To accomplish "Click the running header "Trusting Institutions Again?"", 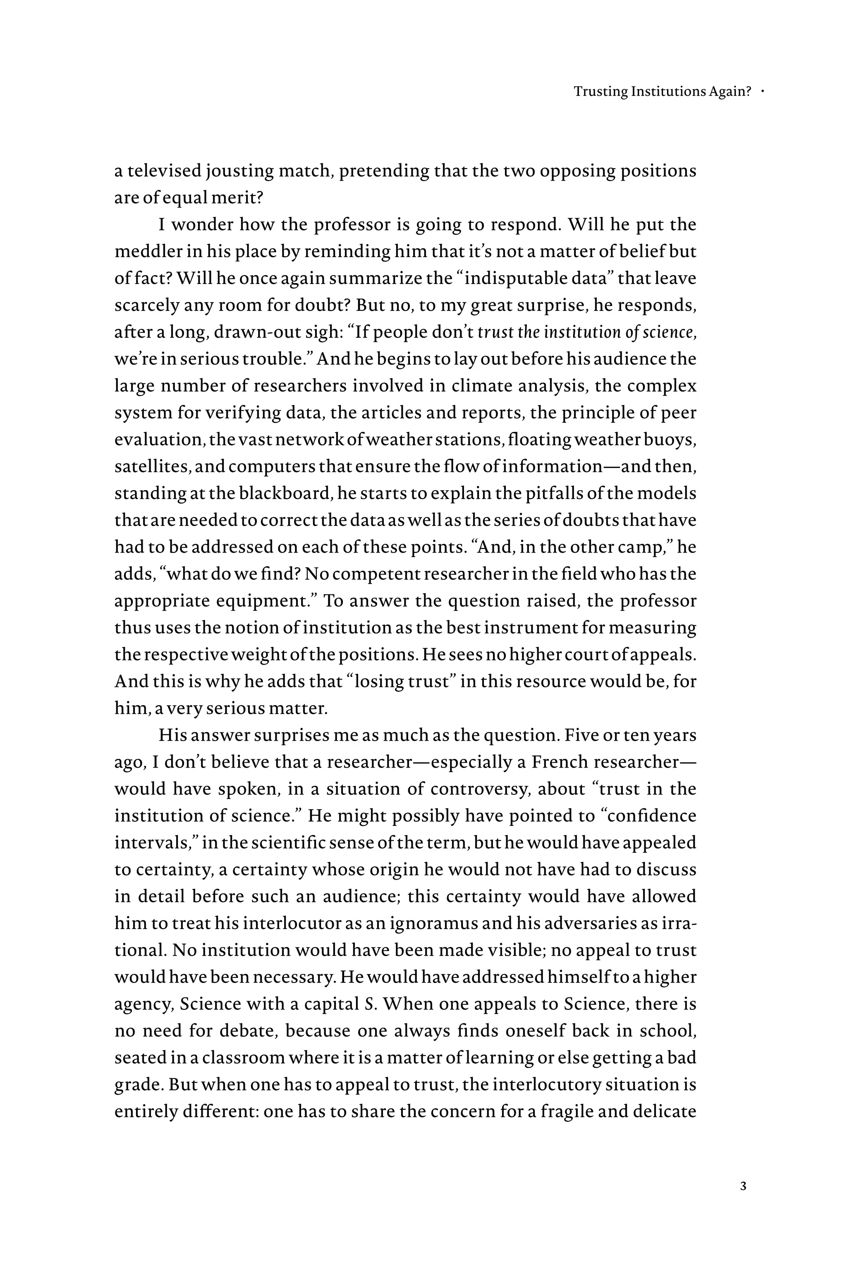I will [662, 92].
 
